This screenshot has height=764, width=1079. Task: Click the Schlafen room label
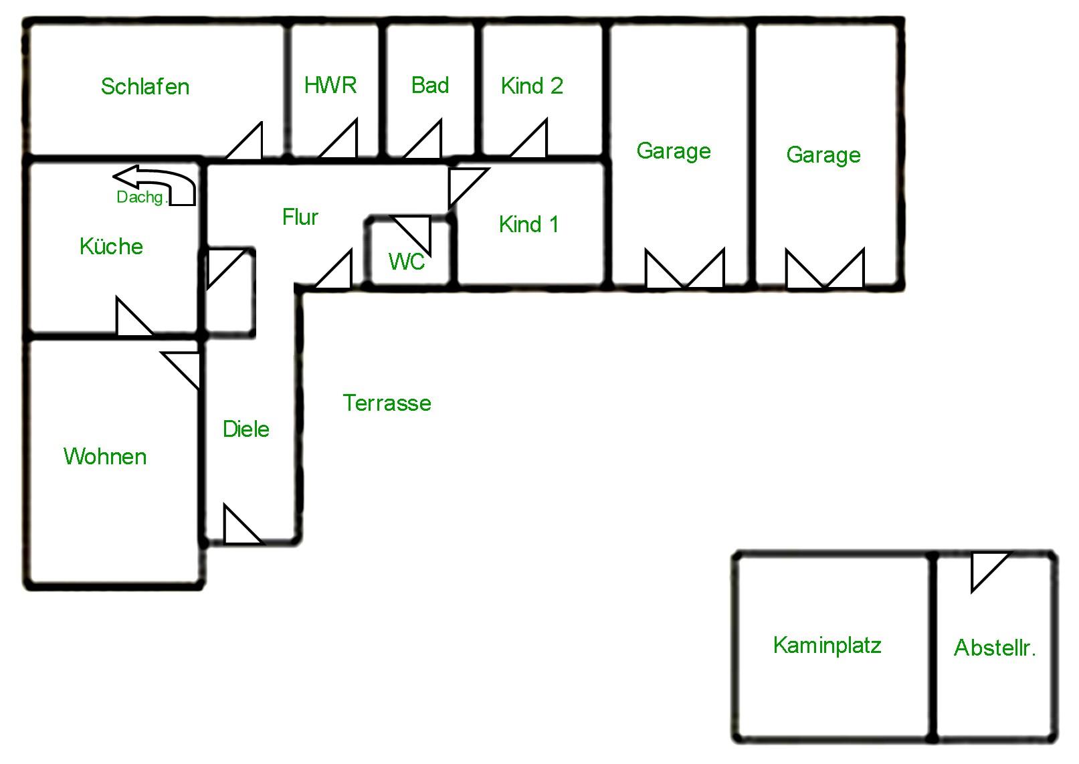tap(145, 86)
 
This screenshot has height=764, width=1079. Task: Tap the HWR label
tap(330, 85)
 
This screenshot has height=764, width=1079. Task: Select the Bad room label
tap(430, 85)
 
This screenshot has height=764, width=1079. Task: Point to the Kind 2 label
tap(532, 86)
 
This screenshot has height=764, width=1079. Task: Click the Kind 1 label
tap(528, 224)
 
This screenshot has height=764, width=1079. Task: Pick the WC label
tap(407, 261)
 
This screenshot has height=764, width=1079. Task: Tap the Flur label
tap(300, 217)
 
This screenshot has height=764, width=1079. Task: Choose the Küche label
tap(111, 246)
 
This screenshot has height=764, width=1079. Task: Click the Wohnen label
tap(105, 456)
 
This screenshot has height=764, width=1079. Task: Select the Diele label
tap(246, 429)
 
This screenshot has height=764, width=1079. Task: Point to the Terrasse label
tap(387, 403)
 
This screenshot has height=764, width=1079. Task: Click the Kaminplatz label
tap(827, 645)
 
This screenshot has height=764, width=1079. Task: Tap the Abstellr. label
tap(995, 648)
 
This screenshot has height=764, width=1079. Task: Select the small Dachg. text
tap(140, 197)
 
